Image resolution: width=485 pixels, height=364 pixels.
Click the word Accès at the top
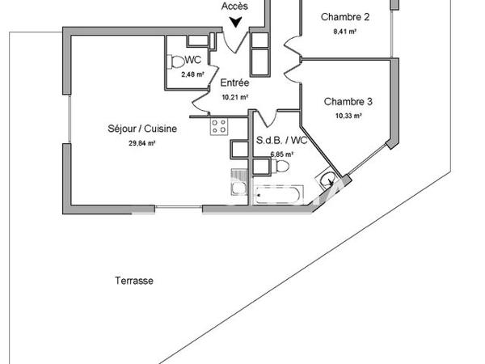point(234,6)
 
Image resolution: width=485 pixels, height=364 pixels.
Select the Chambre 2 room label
point(345,17)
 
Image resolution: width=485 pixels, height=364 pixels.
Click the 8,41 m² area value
point(345,33)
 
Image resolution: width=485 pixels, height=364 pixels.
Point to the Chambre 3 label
point(348,101)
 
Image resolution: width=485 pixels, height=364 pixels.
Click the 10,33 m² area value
point(348,116)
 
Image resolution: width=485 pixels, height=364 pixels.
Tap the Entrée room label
point(234,83)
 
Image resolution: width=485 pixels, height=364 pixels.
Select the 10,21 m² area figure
point(234,96)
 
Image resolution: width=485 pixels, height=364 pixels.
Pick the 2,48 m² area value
point(192,74)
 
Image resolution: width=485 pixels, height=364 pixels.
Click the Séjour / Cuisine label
point(141,128)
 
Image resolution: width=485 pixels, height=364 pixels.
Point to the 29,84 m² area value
point(141,142)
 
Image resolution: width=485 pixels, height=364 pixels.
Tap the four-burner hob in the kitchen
point(218,125)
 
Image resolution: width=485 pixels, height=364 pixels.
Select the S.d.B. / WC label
point(275,139)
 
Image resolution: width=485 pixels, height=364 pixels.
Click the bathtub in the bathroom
point(278,195)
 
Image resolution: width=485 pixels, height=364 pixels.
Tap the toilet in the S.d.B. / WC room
point(279,166)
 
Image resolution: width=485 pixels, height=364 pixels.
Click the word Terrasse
point(133,281)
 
